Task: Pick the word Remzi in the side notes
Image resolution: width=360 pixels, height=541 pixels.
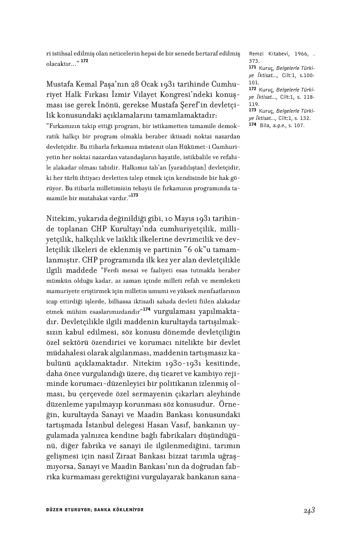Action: (x=257, y=54)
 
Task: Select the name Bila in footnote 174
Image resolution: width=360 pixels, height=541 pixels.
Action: (x=264, y=125)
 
